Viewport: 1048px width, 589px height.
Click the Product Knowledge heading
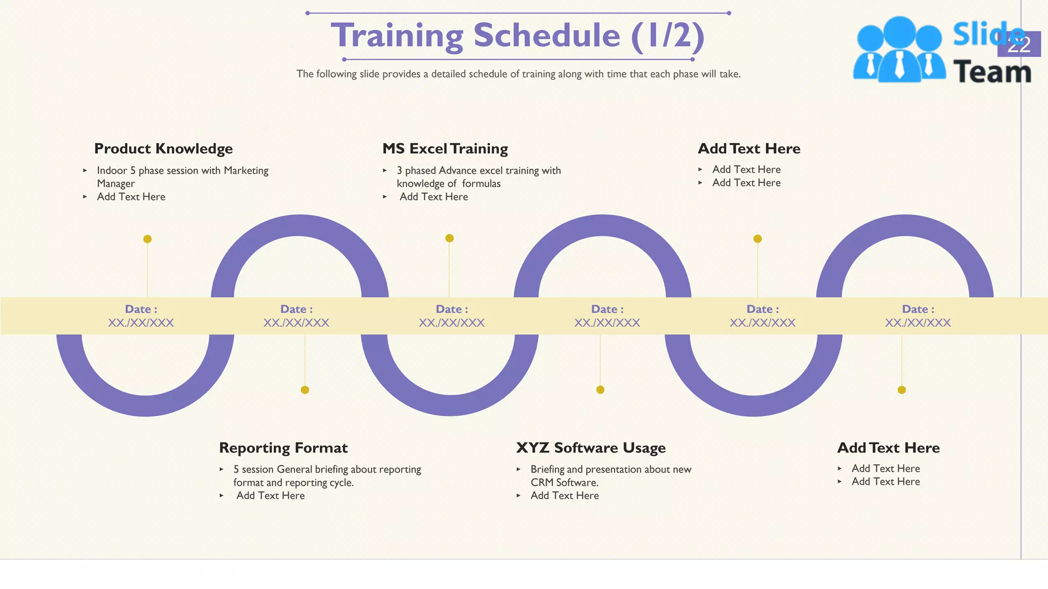point(163,149)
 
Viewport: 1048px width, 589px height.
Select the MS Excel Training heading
point(445,149)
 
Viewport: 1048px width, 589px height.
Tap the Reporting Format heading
point(283,448)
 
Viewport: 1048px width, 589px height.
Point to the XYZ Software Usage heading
point(591,448)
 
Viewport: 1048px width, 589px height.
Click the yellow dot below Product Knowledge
point(147,239)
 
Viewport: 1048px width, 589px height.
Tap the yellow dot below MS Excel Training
point(449,238)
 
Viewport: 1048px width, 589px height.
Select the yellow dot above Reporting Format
point(305,390)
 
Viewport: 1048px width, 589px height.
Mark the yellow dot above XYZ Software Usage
point(600,390)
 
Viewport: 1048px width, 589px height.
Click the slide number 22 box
point(1019,44)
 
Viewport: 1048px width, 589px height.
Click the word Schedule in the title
point(547,36)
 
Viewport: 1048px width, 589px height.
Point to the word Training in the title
point(397,36)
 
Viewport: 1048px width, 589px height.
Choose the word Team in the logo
point(992,72)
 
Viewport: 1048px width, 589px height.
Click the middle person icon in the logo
point(899,49)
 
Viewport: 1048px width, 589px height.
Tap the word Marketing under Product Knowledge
point(246,171)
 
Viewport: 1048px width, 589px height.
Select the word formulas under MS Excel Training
point(481,184)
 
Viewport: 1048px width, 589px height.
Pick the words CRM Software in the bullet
point(564,483)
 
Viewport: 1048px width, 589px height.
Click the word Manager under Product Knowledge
point(116,184)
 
